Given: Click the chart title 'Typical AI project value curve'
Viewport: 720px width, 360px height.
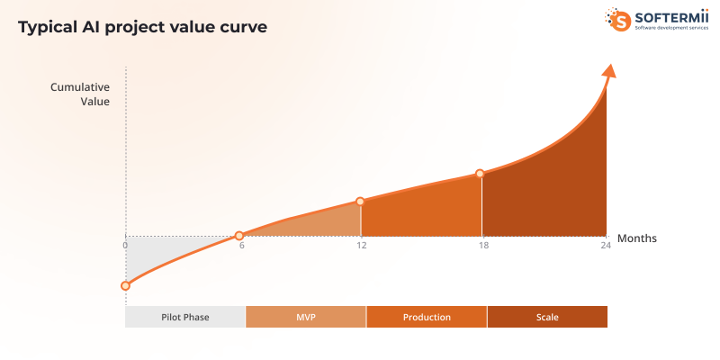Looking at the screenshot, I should pos(142,27).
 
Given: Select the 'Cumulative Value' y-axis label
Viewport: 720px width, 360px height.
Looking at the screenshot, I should pos(80,94).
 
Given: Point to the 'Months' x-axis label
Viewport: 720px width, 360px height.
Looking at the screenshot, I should pos(636,238).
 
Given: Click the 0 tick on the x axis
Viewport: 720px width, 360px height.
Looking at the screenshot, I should pos(126,245).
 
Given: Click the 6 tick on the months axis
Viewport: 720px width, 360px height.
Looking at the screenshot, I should pos(241,245).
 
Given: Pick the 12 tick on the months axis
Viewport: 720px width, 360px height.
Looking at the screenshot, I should pos(361,245).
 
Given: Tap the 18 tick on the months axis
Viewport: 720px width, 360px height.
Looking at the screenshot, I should pos(482,245).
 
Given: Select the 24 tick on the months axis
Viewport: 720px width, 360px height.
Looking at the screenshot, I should pos(605,245).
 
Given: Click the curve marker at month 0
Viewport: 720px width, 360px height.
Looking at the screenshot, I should pos(125,285).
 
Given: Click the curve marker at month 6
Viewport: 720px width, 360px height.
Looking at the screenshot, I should pos(239,236).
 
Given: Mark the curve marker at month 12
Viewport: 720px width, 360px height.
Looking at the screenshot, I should pos(360,202).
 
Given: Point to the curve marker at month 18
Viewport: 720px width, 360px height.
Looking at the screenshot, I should pos(480,173).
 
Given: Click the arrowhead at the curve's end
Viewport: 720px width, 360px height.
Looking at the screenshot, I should pos(610,71).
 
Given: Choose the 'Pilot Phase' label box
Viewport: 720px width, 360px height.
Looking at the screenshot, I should pos(185,317).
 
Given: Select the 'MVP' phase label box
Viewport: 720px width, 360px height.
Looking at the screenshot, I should pos(306,317).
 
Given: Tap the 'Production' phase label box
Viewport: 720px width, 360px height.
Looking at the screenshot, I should pos(427,317).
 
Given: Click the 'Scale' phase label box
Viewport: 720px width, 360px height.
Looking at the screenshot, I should pos(547,317).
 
